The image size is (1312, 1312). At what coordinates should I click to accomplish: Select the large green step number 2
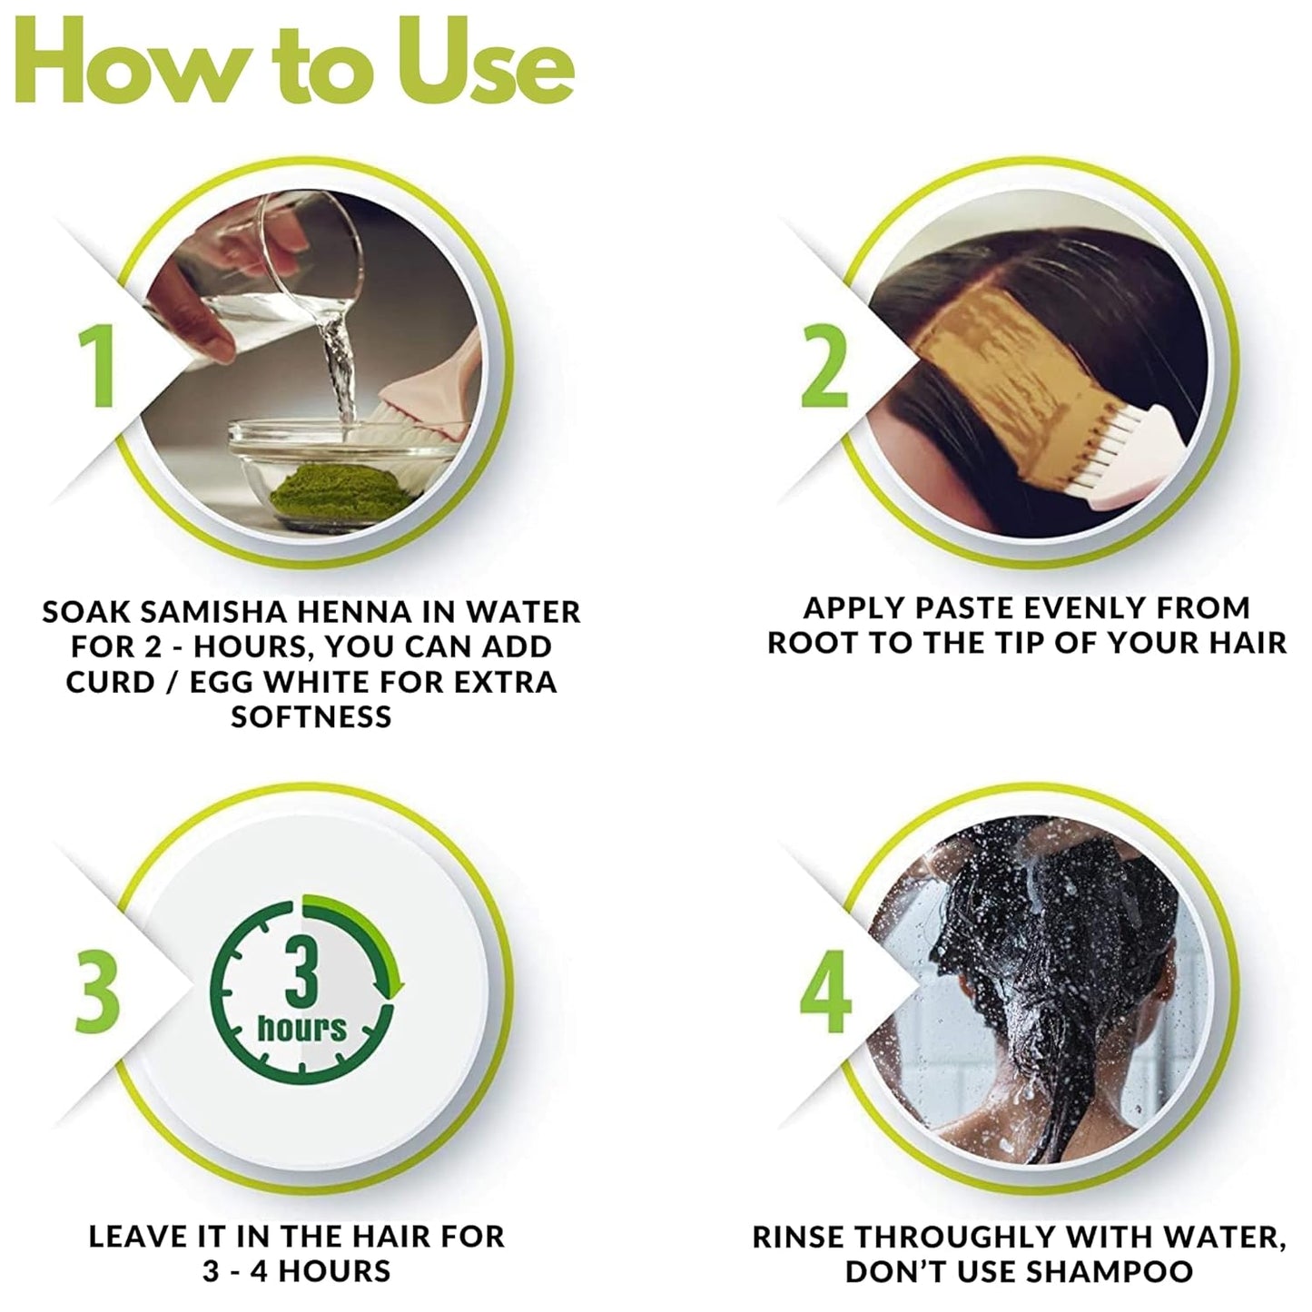pyautogui.click(x=824, y=365)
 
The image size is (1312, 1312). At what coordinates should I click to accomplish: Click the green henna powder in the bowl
pyautogui.click(x=339, y=491)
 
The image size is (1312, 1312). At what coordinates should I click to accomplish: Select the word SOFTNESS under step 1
pyautogui.click(x=311, y=717)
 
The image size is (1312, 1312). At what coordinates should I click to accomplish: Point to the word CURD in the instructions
pyautogui.click(x=110, y=682)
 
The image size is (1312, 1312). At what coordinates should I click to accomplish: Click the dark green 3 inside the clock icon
pyautogui.click(x=301, y=973)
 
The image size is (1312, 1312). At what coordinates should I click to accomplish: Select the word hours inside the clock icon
pyautogui.click(x=301, y=1028)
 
